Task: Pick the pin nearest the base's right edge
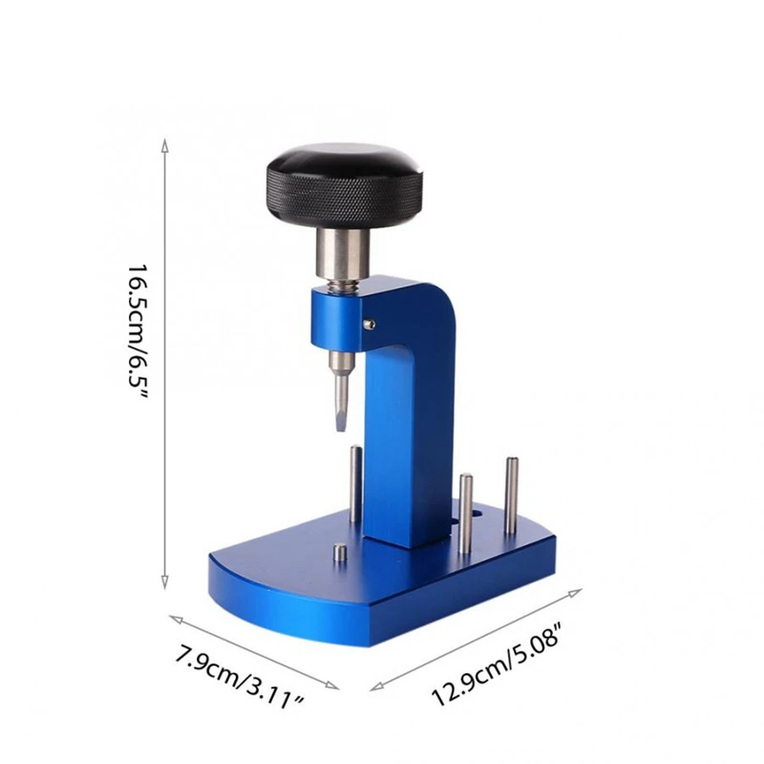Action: coord(511,495)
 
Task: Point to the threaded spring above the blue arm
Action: coord(341,283)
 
